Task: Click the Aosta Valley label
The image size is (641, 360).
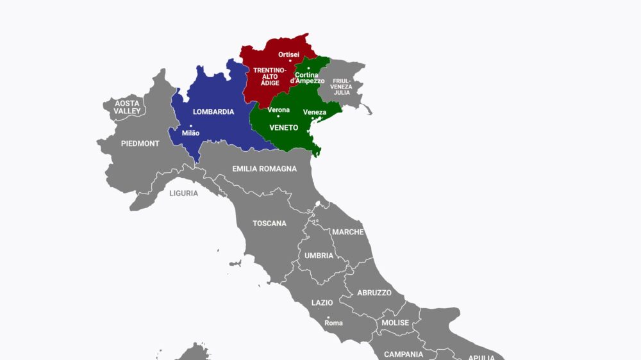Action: (x=127, y=107)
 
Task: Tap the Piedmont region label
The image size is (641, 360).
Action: (x=140, y=143)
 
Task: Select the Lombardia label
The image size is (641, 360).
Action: (x=213, y=111)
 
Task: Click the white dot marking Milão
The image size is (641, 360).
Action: (x=190, y=126)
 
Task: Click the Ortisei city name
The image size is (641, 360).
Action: (x=288, y=54)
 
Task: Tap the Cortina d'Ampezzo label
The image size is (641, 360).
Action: (x=307, y=78)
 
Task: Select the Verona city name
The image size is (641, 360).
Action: (x=279, y=110)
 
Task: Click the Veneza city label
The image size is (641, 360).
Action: (x=314, y=113)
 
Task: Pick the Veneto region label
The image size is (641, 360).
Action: (x=284, y=127)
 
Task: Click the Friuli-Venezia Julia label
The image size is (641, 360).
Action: (x=342, y=86)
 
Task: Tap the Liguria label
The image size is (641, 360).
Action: (x=184, y=193)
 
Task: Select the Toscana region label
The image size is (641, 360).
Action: (x=269, y=224)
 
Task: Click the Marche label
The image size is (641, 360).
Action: (x=347, y=232)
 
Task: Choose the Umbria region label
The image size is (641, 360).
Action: (x=319, y=256)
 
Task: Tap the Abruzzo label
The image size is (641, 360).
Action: (x=374, y=293)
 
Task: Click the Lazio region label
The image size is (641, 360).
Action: (x=322, y=302)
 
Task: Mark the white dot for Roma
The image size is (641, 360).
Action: (x=328, y=317)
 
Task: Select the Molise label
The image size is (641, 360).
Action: (x=395, y=323)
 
